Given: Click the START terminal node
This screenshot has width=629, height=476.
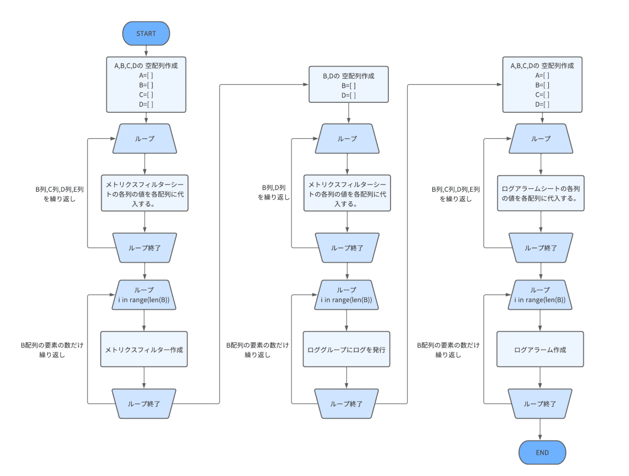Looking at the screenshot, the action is pos(146,33).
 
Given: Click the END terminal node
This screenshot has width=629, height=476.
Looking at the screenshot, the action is pos(542,452).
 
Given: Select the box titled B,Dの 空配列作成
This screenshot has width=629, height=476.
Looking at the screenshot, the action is pos(349,84).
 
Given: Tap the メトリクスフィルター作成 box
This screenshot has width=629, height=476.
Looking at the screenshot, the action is pos(144,349).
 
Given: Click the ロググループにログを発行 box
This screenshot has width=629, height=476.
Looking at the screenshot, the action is pos(346,349).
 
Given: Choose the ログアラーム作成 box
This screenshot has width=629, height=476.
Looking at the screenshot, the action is pos(540,349).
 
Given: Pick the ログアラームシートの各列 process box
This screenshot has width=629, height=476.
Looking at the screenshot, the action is pos(541,193).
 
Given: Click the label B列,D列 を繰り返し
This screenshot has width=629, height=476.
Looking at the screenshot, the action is pos(274,192).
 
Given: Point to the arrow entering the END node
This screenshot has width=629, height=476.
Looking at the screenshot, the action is pos(540,429).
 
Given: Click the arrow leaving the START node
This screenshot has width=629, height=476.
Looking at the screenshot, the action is pos(146,51).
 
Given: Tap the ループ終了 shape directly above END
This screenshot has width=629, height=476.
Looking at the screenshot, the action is pos(540,404).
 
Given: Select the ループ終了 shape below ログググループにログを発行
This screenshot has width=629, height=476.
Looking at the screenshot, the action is pos(346,404).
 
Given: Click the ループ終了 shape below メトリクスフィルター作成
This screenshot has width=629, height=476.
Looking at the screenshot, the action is pos(144,404).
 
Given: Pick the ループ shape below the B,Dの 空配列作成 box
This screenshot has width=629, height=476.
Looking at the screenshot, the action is pos(347,139).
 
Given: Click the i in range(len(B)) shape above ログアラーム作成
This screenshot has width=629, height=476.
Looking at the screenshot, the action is pos(540,295).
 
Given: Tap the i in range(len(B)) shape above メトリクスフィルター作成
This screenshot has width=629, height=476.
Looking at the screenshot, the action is pos(144,295).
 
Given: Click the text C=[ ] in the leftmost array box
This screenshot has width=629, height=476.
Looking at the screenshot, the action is pos(146,94).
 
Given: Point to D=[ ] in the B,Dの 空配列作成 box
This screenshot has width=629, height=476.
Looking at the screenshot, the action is pos(349,95).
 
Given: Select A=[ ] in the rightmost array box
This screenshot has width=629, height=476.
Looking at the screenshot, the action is pos(542,75).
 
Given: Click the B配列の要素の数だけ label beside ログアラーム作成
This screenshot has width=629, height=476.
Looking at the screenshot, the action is pos(448,345).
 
